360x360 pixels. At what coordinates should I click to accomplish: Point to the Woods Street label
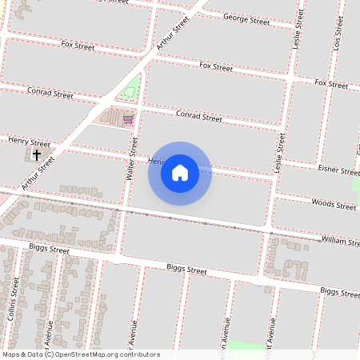pos(334,205)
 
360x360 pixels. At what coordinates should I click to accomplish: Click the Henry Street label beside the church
pos(29,142)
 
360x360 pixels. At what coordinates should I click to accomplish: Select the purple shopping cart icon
pos(128,119)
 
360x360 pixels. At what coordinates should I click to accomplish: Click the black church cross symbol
pos(37,154)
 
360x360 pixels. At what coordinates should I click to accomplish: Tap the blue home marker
pos(180,172)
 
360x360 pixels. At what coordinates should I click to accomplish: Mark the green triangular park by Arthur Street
pos(129,90)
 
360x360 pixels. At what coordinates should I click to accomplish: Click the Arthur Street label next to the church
pos(39,174)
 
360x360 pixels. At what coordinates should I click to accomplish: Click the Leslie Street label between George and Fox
pos(296,36)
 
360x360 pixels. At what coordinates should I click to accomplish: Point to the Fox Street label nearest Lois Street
pos(331,83)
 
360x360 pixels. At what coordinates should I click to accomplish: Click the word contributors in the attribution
pos(138,354)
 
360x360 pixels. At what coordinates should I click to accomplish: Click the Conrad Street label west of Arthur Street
pos(50,94)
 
